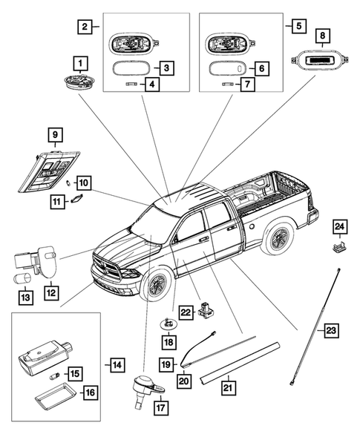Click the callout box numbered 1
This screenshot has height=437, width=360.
pyautogui.click(x=81, y=63)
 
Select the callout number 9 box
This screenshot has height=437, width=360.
pyautogui.click(x=55, y=135)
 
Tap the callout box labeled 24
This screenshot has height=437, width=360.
pyautogui.click(x=340, y=227)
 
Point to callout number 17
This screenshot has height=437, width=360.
pyautogui.click(x=160, y=408)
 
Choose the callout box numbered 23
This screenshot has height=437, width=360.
pyautogui.click(x=331, y=331)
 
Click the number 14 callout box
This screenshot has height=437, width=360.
pyautogui.click(x=117, y=365)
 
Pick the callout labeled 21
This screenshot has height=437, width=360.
pyautogui.click(x=229, y=388)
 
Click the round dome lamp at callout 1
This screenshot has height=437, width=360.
pyautogui.click(x=79, y=82)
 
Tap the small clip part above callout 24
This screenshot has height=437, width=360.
pyautogui.click(x=340, y=246)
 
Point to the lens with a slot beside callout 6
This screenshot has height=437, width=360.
pyautogui.click(x=228, y=68)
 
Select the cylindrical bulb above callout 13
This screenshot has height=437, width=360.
pyautogui.click(x=23, y=279)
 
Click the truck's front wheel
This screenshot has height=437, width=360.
pyautogui.click(x=155, y=285)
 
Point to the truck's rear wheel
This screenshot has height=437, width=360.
pyautogui.click(x=278, y=237)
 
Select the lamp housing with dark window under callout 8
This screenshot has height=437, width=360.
pyautogui.click(x=321, y=60)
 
